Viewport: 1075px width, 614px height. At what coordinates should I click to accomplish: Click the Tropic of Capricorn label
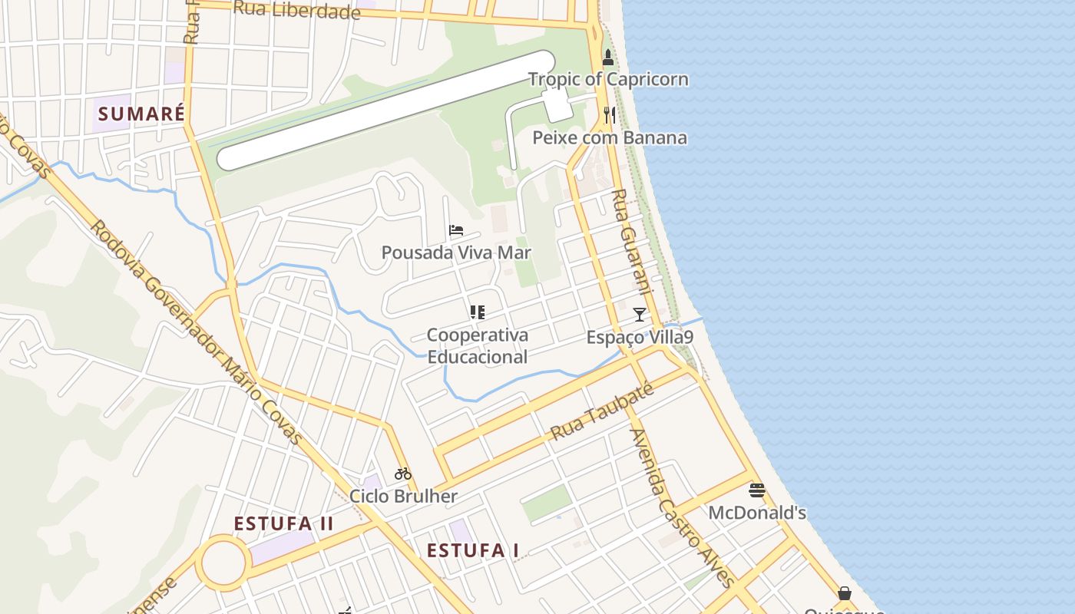pyautogui.click(x=608, y=80)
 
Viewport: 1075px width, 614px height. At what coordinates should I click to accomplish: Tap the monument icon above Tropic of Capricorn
pyautogui.click(x=608, y=57)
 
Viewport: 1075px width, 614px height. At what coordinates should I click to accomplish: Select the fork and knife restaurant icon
pyautogui.click(x=610, y=115)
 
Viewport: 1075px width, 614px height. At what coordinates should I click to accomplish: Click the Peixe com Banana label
pyautogui.click(x=610, y=138)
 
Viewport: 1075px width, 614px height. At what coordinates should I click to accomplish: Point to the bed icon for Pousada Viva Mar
pyautogui.click(x=456, y=229)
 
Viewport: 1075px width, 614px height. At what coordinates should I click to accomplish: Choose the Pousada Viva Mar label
pyautogui.click(x=456, y=253)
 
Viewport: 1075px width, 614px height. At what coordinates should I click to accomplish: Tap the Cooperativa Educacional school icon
pyautogui.click(x=478, y=312)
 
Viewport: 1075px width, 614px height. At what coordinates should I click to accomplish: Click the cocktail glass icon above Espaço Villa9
pyautogui.click(x=639, y=314)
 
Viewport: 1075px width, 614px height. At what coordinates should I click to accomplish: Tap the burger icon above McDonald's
pyautogui.click(x=757, y=490)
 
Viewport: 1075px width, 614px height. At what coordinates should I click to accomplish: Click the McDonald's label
pyautogui.click(x=757, y=513)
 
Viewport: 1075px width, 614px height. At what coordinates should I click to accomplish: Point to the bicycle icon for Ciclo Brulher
pyautogui.click(x=403, y=474)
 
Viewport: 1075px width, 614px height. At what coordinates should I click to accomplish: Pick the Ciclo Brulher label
pyautogui.click(x=403, y=497)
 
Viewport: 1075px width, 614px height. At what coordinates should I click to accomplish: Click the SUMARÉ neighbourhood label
pyautogui.click(x=142, y=114)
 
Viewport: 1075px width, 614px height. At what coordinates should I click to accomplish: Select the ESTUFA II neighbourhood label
pyautogui.click(x=284, y=524)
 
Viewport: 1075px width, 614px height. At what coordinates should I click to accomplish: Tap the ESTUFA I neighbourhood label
pyautogui.click(x=473, y=550)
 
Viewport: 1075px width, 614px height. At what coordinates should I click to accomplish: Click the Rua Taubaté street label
pyautogui.click(x=603, y=412)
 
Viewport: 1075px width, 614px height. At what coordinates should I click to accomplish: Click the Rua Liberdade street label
pyautogui.click(x=296, y=10)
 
